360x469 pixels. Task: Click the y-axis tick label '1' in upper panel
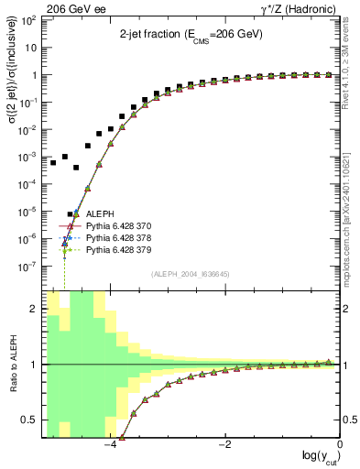(x=36, y=75)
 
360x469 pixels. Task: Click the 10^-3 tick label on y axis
(x=30, y=157)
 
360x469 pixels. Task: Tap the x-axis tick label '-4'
(x=110, y=443)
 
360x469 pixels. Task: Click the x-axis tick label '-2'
(x=224, y=443)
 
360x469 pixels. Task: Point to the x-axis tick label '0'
(x=339, y=443)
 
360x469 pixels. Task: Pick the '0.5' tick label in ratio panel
(x=30, y=420)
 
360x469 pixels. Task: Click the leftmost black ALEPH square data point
(x=53, y=163)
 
